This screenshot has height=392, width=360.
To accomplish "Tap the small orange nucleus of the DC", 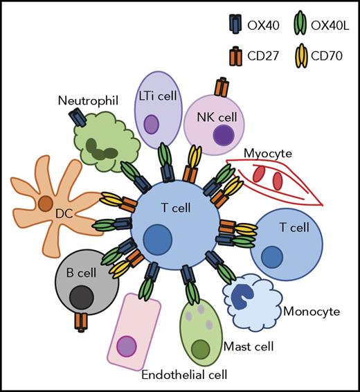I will click(45, 205).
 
